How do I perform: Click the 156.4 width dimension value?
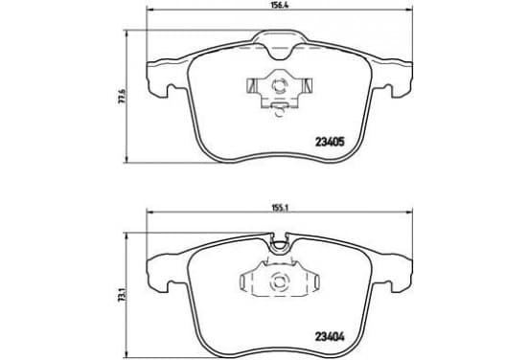(x=280, y=5)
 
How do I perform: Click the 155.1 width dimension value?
(x=280, y=208)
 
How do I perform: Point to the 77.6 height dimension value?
(x=122, y=96)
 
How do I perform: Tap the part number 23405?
(x=330, y=143)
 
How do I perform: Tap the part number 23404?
(x=330, y=337)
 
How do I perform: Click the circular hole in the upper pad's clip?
(x=280, y=85)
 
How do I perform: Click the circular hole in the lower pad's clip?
(x=279, y=281)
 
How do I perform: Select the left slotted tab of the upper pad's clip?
(x=253, y=85)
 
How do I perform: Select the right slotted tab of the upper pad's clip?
(x=306, y=85)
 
